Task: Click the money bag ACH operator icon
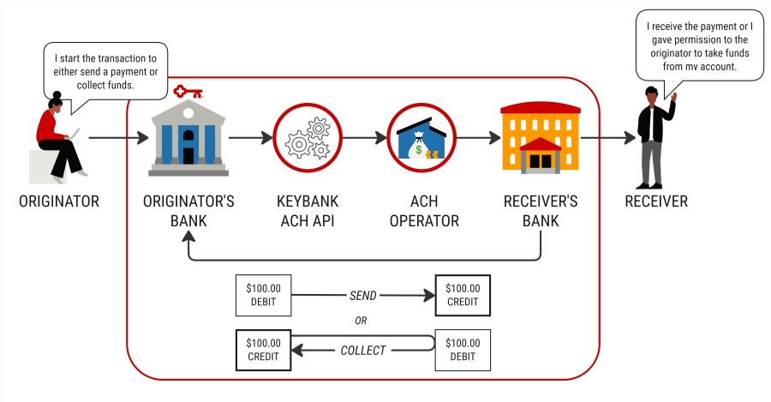424,137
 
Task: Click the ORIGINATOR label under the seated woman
59,202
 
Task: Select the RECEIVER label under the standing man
656,202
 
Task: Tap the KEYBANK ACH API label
308,211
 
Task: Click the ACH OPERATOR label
424,211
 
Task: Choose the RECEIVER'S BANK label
541,211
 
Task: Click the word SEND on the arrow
362,295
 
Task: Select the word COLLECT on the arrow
363,350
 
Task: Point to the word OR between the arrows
362,321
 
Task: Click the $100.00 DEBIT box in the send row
263,296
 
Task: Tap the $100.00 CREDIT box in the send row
463,296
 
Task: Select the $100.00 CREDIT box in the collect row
263,351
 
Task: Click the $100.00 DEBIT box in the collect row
463,351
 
